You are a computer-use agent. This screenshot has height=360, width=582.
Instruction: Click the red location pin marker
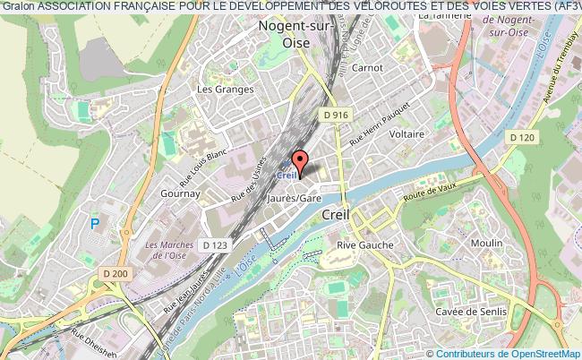click(x=300, y=162)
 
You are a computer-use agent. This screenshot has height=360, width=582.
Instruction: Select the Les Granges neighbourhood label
click(x=218, y=90)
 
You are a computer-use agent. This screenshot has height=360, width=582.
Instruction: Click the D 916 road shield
click(x=337, y=115)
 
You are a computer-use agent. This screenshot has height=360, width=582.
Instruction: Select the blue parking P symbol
click(x=95, y=224)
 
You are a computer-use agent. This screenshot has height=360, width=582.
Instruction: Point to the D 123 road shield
click(x=216, y=244)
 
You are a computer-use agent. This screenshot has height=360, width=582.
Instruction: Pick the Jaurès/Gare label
click(x=297, y=197)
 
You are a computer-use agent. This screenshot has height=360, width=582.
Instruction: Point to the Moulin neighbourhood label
click(x=487, y=244)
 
